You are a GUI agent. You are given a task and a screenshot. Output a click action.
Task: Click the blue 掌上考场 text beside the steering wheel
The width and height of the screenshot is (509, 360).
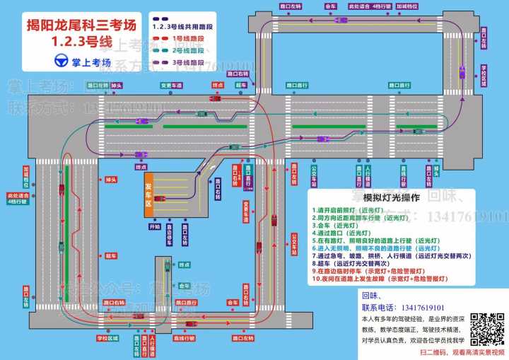92,61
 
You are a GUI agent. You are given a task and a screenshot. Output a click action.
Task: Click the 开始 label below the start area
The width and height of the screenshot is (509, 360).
155,227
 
